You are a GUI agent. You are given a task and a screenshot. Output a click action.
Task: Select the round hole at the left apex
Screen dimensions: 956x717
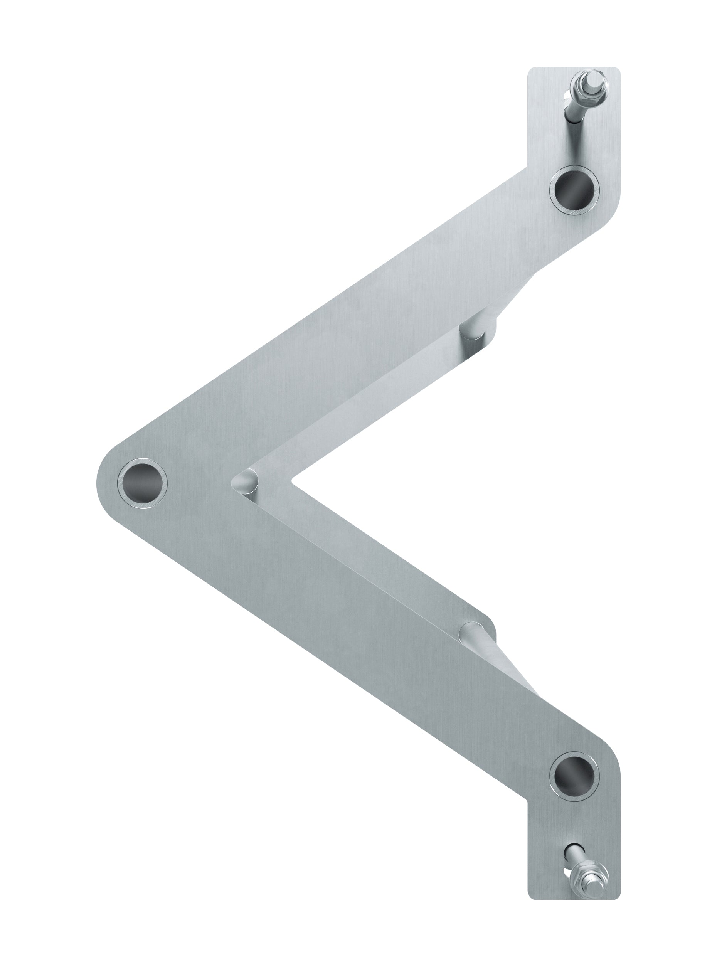tap(142, 483)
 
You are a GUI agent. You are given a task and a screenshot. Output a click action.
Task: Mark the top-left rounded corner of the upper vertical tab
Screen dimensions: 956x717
tap(532, 71)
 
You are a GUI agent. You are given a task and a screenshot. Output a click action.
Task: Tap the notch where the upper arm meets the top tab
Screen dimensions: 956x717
tap(527, 167)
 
